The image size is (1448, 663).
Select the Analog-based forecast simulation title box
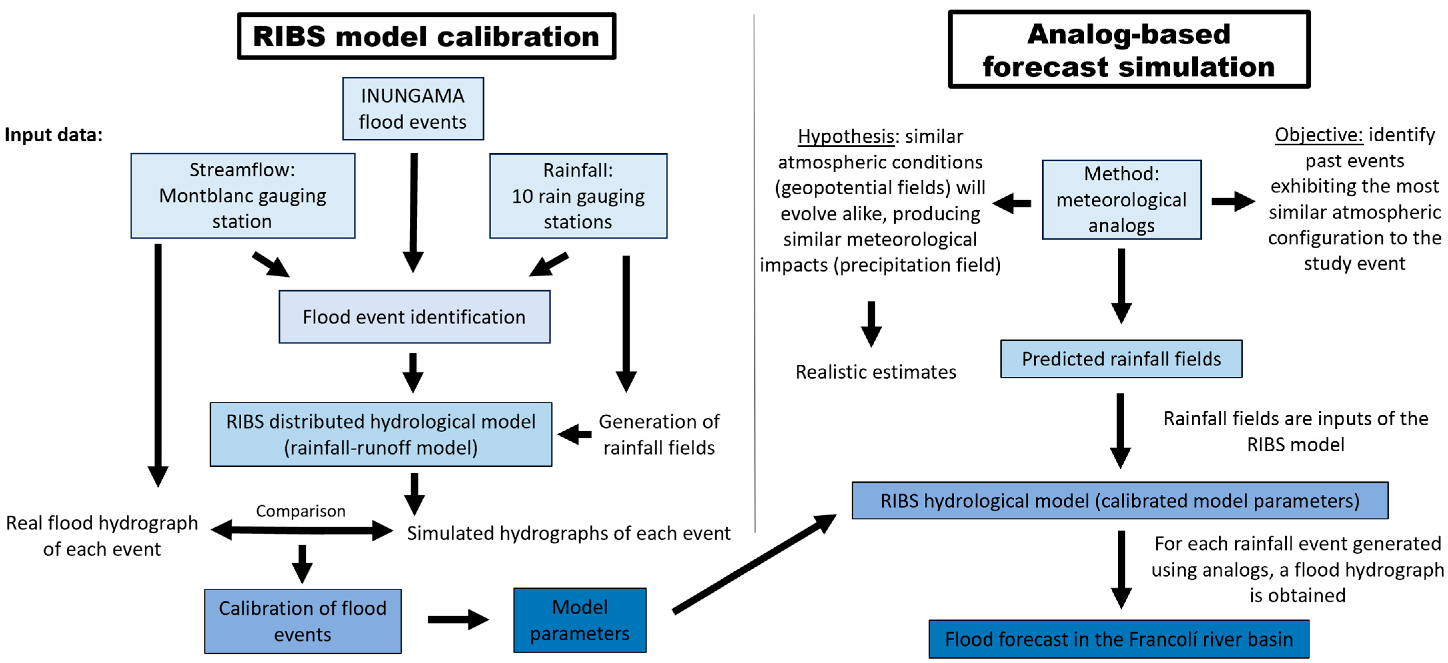click(1129, 49)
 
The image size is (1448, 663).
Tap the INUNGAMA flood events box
click(413, 109)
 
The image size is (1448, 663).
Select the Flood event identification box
click(414, 317)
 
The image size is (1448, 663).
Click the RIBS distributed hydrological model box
click(380, 434)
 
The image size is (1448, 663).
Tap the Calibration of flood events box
click(302, 621)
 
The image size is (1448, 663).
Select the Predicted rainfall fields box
click(1121, 358)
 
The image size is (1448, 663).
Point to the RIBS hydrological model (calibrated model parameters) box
click(1120, 500)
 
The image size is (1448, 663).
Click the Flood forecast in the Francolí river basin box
click(1119, 639)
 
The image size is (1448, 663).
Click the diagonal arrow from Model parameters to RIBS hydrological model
click(753, 563)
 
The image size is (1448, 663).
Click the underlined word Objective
click(1318, 135)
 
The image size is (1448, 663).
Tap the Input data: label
click(53, 135)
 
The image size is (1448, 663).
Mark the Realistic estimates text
click(875, 371)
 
